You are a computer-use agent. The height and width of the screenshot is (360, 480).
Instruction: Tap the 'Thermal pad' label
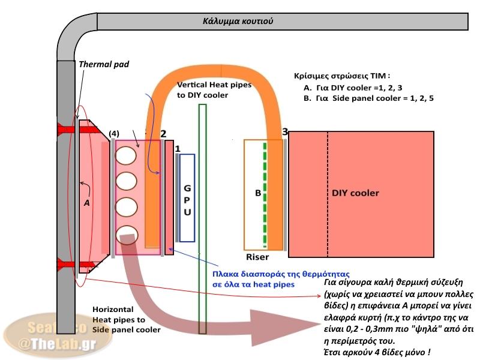[x=104, y=64]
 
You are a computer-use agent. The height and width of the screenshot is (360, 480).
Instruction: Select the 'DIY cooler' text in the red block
[x=355, y=193]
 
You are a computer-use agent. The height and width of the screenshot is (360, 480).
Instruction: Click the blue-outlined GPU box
[x=187, y=197]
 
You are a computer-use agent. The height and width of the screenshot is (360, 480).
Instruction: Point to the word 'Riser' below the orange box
[x=258, y=257]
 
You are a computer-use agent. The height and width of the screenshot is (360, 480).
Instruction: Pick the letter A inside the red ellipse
[x=86, y=203]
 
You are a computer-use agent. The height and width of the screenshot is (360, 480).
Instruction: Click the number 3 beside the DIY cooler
[x=285, y=131]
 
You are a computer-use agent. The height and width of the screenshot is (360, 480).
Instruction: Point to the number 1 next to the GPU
[x=176, y=147]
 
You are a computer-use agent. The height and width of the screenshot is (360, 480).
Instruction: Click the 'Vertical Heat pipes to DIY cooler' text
[x=214, y=91]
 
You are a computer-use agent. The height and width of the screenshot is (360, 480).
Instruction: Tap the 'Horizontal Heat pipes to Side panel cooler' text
[x=127, y=319]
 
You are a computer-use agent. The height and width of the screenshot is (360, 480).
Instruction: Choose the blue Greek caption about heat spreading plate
[x=254, y=280]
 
